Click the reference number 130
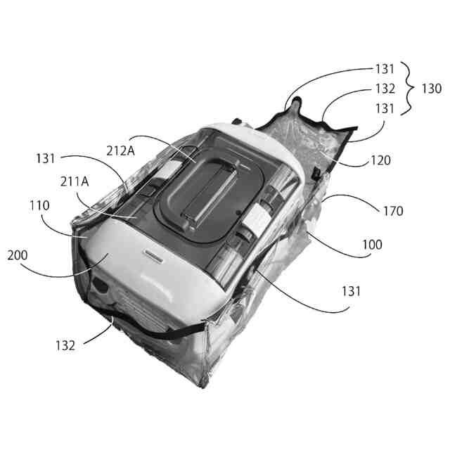pos(432,89)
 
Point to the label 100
pos(373,245)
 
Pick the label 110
pos(39,206)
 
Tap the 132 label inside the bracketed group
pos(385,89)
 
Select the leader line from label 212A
pos(158,141)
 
